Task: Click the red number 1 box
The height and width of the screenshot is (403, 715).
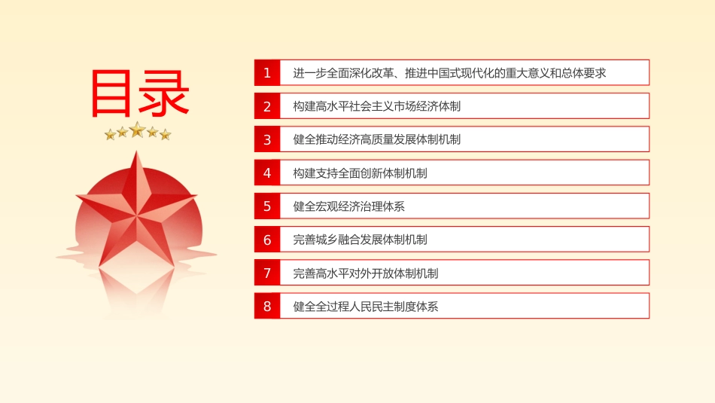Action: tap(267, 72)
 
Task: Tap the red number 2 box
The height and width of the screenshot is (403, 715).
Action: tap(267, 106)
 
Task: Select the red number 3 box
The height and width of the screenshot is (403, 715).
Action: tap(267, 139)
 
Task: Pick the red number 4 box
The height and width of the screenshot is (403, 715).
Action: tap(267, 172)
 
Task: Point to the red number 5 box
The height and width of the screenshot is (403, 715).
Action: tap(267, 206)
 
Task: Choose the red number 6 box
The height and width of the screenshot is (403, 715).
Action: tap(267, 239)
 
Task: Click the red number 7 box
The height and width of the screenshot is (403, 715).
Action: tap(267, 273)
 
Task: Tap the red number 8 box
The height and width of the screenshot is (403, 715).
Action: tap(267, 306)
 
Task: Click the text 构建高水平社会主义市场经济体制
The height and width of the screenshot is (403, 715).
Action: tap(376, 106)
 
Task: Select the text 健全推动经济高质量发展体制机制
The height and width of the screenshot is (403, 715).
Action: tap(376, 139)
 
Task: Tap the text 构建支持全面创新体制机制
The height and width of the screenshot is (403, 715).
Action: tap(361, 173)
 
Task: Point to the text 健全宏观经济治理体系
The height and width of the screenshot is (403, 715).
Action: tap(348, 206)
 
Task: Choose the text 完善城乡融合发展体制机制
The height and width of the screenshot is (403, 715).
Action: tap(361, 240)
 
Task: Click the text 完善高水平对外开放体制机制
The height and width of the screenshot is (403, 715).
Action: tap(366, 273)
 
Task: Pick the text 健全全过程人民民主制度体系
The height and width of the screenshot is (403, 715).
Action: tap(366, 307)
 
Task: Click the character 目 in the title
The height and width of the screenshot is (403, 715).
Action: tap(111, 93)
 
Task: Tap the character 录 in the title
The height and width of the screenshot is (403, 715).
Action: tap(164, 93)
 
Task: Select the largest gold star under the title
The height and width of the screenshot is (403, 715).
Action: tap(137, 130)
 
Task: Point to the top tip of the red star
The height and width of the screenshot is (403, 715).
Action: tap(136, 151)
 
